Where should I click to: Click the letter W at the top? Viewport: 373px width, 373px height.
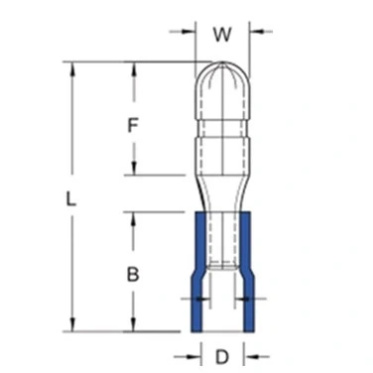pyautogui.click(x=222, y=34)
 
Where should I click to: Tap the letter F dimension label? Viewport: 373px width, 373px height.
pyautogui.click(x=132, y=126)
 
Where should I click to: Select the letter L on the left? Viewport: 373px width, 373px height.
pyautogui.click(x=70, y=199)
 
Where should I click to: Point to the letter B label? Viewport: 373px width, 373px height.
pyautogui.click(x=133, y=275)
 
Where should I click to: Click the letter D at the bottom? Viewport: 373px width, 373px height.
pyautogui.click(x=222, y=357)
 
